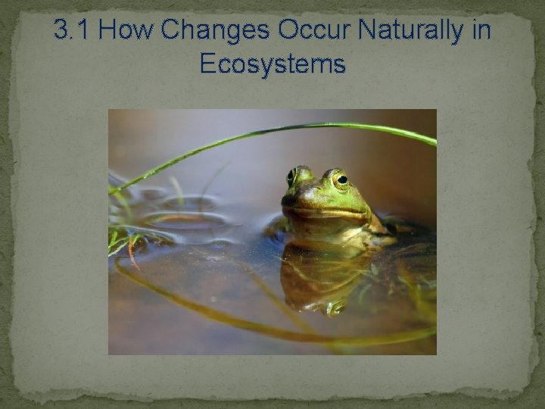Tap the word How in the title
coord(126,31)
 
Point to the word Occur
coord(316,31)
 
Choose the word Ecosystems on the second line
coord(272,64)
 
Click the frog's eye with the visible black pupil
coord(341,180)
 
